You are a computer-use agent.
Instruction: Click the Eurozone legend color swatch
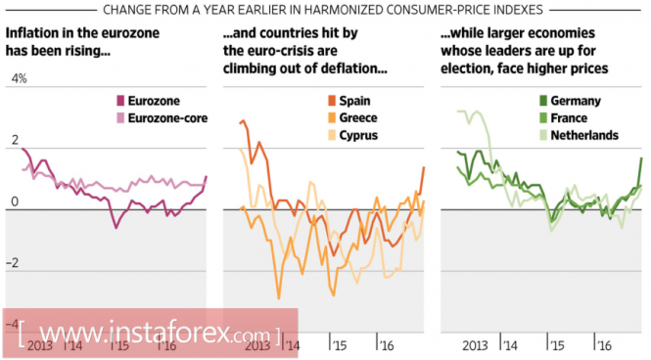coord(120,101)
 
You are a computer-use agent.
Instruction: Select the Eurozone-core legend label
coord(167,118)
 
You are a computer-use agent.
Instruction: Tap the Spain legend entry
coord(349,101)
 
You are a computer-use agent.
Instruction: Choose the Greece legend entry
coord(352,117)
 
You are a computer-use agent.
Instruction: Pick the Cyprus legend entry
coord(352,135)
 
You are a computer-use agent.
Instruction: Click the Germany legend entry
coord(570,101)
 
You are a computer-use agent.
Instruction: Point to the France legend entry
coord(564,118)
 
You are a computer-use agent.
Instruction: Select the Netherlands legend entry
coord(579,135)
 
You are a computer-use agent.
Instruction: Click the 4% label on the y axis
coord(20,79)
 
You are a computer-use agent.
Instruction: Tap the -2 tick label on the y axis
coord(12,263)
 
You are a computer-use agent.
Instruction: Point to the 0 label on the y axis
coord(15,202)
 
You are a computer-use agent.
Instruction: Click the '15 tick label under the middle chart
coord(339,345)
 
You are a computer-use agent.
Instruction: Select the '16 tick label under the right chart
coord(604,345)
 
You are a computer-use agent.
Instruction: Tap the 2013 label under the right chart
coord(475,345)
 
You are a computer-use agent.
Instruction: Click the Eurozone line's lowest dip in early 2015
coord(116,228)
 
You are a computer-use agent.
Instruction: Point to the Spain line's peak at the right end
coord(424,167)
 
